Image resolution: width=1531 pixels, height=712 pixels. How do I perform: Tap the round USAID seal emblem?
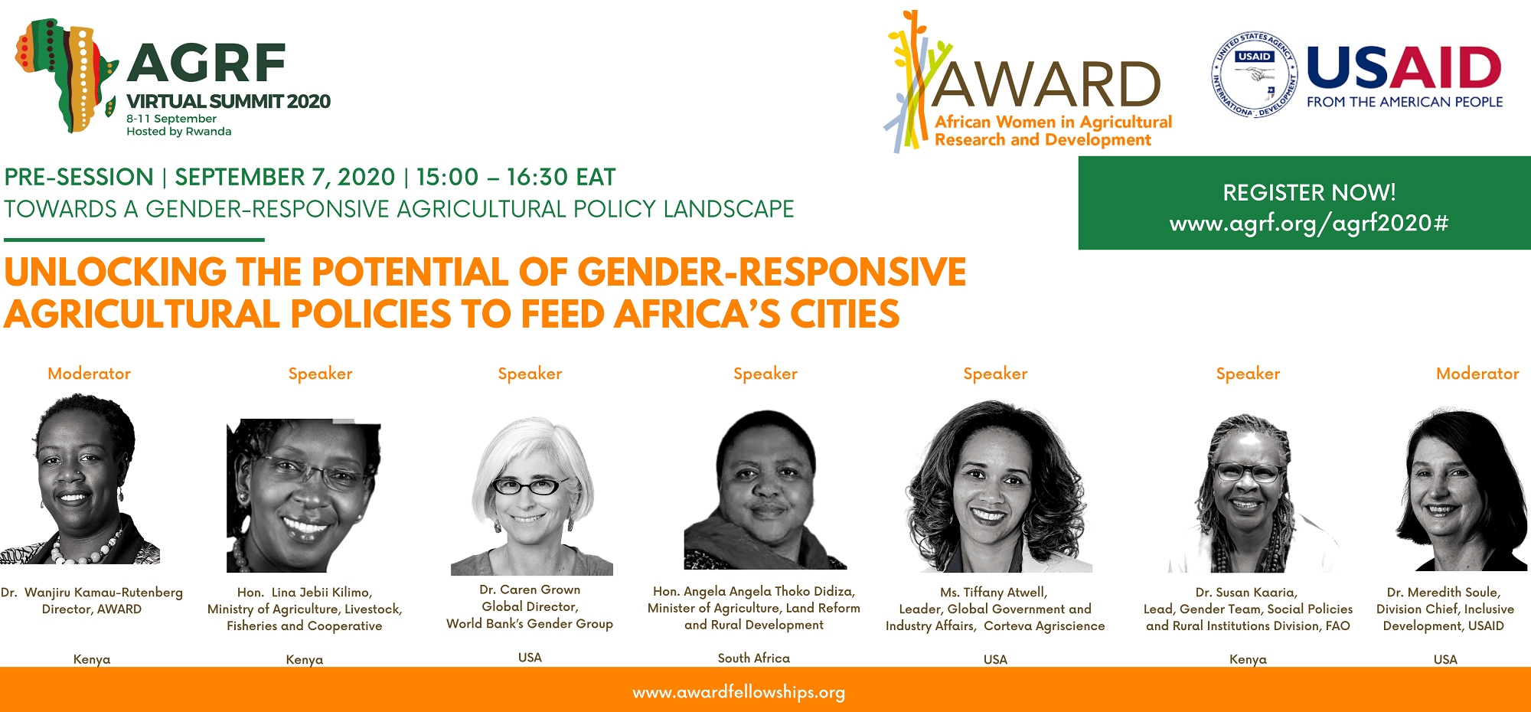coord(1254,74)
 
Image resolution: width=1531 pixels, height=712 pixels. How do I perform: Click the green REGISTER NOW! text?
coord(1309,192)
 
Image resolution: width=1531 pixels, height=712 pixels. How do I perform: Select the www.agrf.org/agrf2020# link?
coord(1309,223)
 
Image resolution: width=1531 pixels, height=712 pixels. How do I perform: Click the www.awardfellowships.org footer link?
coord(739,692)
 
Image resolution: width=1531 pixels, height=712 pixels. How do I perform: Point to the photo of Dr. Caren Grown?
coord(531,495)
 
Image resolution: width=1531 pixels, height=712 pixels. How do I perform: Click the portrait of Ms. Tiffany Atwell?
coord(996,487)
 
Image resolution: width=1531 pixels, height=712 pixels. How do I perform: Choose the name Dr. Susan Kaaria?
coord(1246,593)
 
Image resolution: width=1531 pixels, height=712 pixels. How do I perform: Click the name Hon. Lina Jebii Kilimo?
coord(305,593)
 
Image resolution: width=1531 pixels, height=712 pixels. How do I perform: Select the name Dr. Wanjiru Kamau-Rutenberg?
coord(92,593)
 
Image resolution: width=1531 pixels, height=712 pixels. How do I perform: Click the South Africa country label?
coord(754,658)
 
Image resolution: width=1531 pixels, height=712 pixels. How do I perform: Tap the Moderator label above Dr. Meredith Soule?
coord(1477,374)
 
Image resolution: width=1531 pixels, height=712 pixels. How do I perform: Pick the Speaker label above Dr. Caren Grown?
coord(530,374)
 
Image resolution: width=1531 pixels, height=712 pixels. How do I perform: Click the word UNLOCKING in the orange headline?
coord(116,273)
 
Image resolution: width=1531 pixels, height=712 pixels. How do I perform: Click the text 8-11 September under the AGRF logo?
coord(171,119)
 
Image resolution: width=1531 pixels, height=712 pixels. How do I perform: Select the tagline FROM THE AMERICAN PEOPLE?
coord(1405,102)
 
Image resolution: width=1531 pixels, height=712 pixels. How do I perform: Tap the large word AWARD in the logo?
coord(1046,84)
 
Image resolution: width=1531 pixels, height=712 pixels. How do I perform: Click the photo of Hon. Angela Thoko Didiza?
coord(765,490)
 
